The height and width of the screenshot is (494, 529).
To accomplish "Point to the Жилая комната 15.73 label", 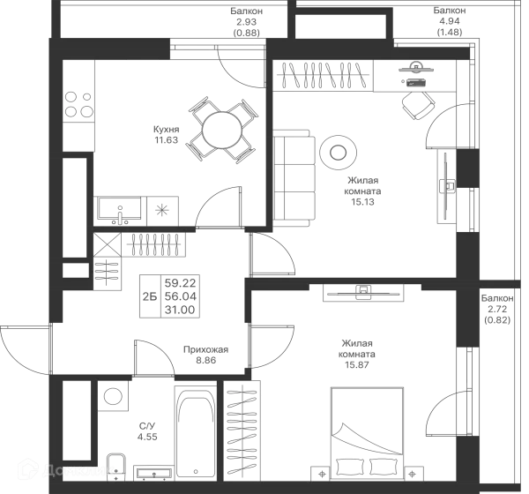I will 361,190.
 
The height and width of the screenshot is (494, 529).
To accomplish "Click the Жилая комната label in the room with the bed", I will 361,351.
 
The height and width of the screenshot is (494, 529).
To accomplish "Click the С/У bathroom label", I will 149,430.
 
